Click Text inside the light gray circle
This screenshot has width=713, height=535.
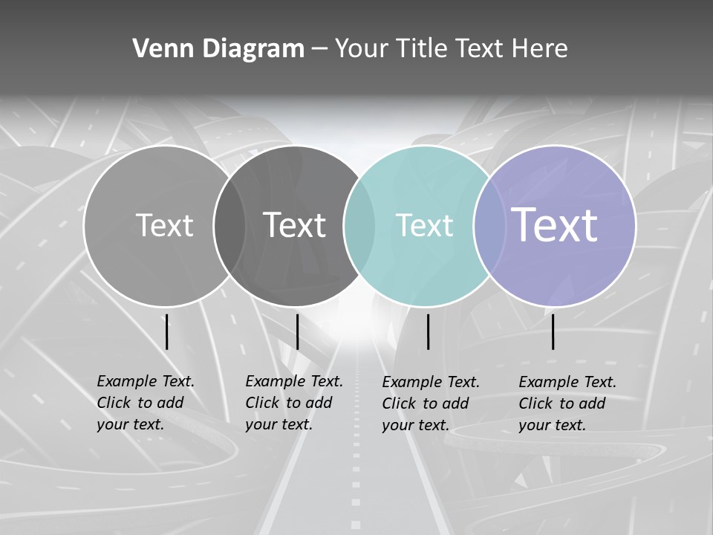pos(164,225)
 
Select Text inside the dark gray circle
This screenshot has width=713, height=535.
pos(295,225)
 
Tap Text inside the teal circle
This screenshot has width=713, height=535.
pos(424,225)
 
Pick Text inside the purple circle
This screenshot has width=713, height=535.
pos(555,225)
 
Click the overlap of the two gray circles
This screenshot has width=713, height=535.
pos(229,226)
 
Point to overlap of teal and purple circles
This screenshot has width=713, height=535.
pos(489,226)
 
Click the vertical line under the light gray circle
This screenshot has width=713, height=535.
pos(166,331)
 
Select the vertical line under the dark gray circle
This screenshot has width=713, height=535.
pos(297,331)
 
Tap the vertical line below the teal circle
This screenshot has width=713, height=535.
pos(429,331)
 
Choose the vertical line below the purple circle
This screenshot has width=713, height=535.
pos(553,331)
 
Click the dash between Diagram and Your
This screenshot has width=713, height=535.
pos(319,50)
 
